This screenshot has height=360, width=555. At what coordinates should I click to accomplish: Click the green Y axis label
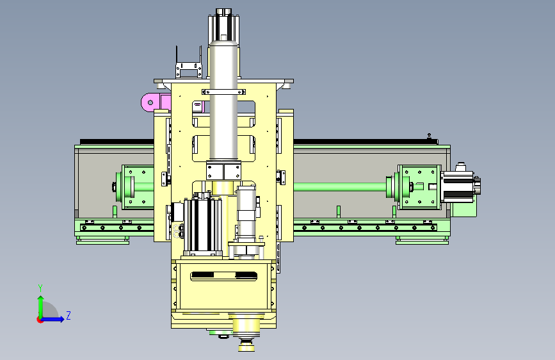pos(40,288)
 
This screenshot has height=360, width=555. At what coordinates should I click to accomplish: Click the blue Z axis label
pos(68,315)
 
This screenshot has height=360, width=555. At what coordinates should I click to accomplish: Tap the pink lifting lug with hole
pos(151,102)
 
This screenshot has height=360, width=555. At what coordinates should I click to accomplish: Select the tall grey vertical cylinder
pos(223,101)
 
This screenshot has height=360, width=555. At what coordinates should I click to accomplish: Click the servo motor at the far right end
pos(460,186)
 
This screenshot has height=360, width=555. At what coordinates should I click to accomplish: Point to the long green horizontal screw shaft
pos(341,186)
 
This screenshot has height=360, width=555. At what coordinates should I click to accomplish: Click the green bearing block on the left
pos(137,187)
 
